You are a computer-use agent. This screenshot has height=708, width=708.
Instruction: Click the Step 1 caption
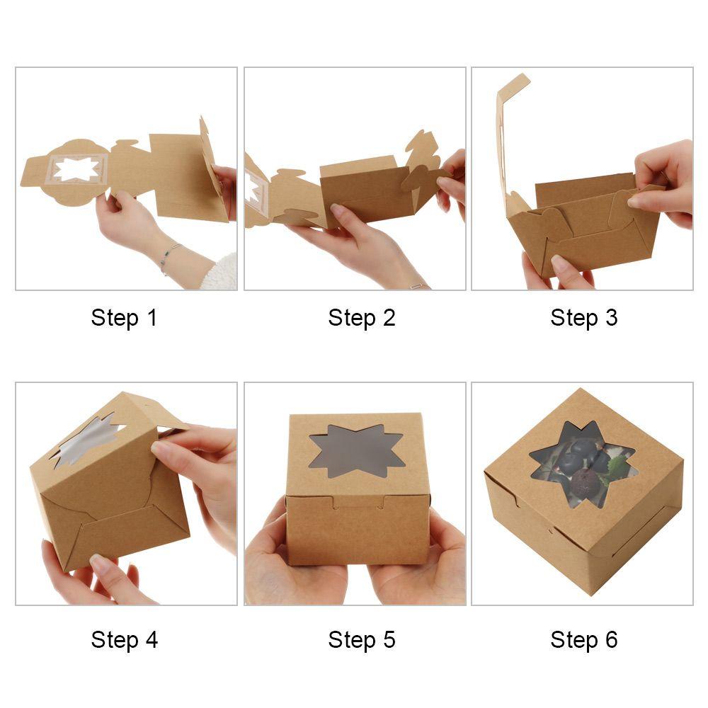[124, 317]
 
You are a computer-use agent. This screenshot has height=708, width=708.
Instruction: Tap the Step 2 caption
[362, 317]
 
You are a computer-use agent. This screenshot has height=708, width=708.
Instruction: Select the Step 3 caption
[584, 317]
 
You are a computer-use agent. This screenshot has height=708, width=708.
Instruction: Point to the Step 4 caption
[124, 639]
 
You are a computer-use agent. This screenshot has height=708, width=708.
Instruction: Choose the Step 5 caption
[362, 639]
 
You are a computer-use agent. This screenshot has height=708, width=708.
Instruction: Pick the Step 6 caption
[584, 639]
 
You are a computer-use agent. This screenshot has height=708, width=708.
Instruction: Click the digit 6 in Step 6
[611, 639]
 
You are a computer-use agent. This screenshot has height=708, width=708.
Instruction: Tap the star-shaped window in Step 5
[357, 450]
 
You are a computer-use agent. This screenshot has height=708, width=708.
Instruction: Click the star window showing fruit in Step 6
[583, 464]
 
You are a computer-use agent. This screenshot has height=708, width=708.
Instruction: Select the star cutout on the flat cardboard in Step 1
[76, 169]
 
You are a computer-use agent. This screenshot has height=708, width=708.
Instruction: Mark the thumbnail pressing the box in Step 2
[337, 210]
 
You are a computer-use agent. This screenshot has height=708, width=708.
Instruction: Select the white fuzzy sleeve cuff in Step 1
[220, 273]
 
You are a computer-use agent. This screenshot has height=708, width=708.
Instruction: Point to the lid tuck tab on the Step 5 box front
[359, 502]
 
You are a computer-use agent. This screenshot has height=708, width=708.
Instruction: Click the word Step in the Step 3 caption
[574, 319]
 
